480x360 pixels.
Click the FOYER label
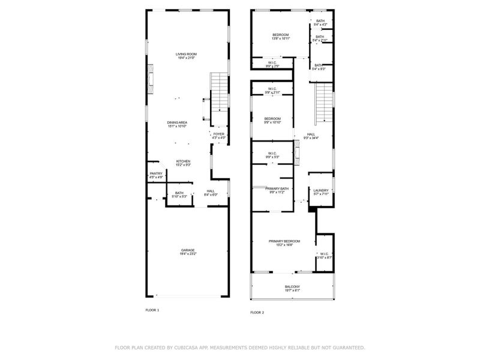218,136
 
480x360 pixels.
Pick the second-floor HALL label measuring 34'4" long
311,136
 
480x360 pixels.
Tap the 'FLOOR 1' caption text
152,310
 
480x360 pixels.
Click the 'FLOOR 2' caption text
257,313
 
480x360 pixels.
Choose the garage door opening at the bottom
188,296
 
